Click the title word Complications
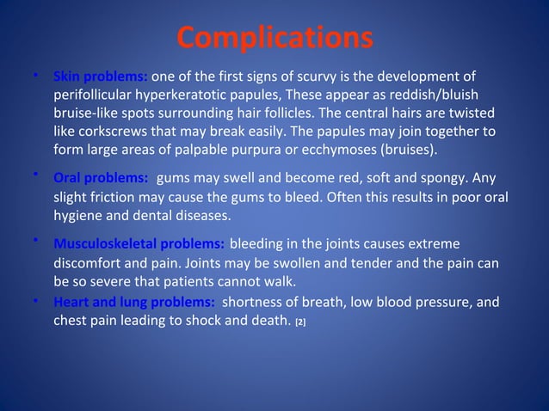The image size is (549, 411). point(274,39)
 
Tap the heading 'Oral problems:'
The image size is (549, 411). point(100,180)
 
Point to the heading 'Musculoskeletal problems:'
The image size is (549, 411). point(139,243)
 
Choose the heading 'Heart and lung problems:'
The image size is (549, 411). point(133,303)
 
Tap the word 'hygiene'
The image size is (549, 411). point(77,216)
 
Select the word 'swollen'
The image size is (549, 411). point(294,262)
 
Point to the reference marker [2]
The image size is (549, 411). point(300,322)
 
